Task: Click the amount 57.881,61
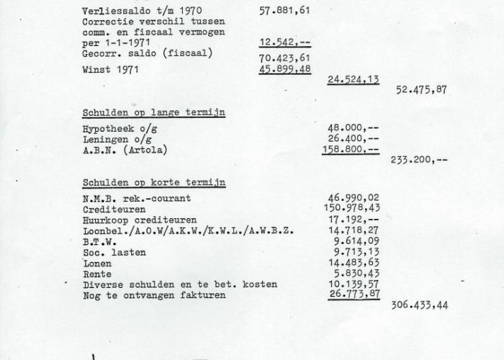(x=284, y=12)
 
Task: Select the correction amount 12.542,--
(x=284, y=43)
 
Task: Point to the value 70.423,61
(x=284, y=58)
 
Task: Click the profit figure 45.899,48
(x=284, y=70)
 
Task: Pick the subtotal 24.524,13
(x=353, y=80)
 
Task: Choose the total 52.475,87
(x=421, y=90)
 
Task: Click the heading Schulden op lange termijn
(x=153, y=112)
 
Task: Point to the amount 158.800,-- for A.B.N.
(x=353, y=150)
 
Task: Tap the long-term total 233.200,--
(x=419, y=160)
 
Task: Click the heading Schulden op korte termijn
(x=153, y=182)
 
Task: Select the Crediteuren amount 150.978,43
(x=353, y=208)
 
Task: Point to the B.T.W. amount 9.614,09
(x=356, y=241)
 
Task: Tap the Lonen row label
(x=97, y=263)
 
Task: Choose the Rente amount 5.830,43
(x=356, y=274)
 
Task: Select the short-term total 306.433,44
(x=420, y=305)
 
